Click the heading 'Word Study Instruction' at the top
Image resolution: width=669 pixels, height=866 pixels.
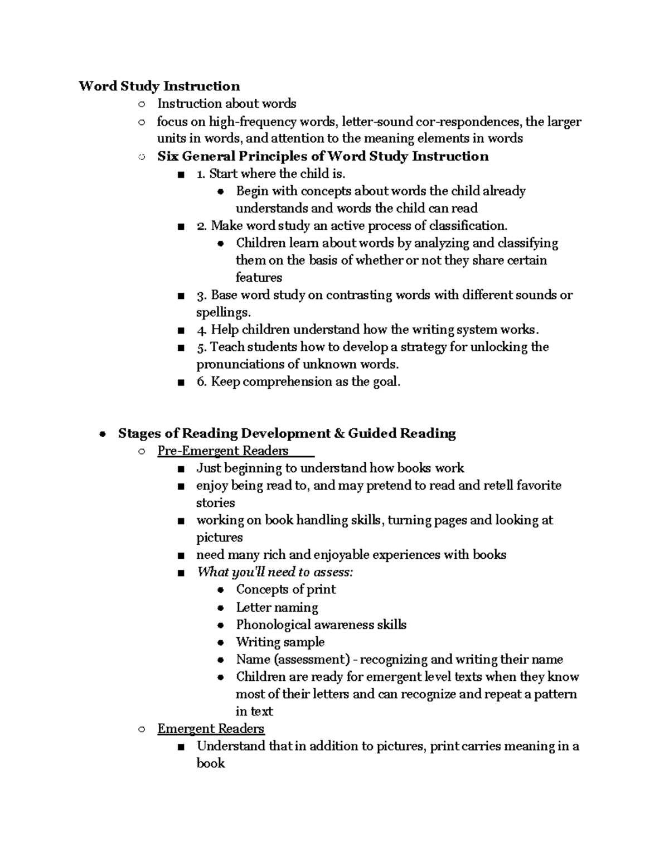(159, 86)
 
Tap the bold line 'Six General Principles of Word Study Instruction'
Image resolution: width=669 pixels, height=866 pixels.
(323, 156)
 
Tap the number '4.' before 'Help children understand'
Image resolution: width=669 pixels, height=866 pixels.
(202, 330)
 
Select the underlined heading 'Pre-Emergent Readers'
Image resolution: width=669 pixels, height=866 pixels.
(222, 451)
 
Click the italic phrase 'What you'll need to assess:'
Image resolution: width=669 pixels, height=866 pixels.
(275, 572)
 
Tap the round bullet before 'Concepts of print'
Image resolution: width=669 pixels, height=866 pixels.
(221, 590)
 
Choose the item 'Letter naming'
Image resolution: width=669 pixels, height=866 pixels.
(277, 607)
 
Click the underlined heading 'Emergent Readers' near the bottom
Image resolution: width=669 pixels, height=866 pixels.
(211, 729)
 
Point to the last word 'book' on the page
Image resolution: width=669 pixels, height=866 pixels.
(210, 763)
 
